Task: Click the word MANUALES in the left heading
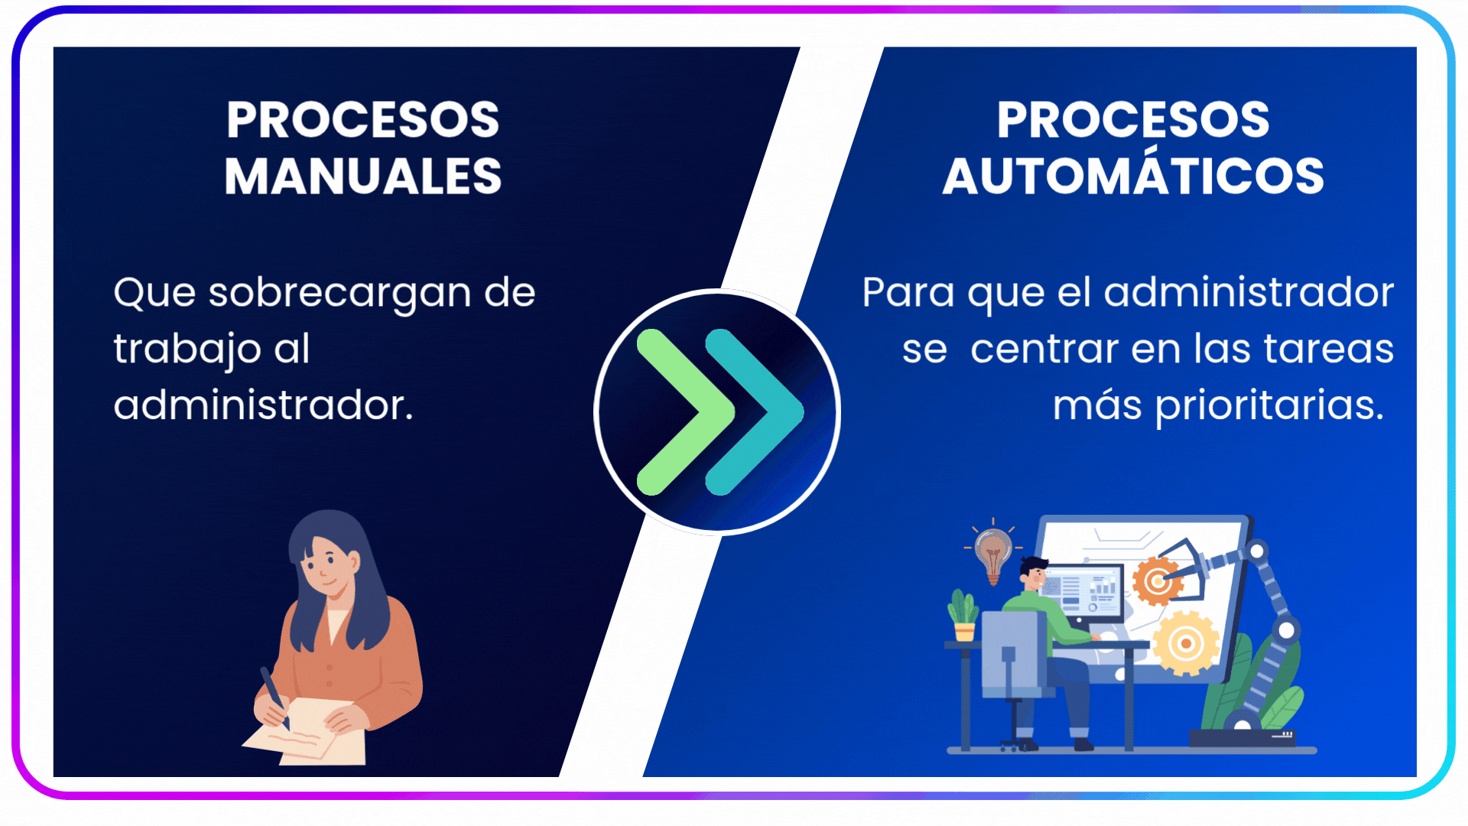coord(363,177)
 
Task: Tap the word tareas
coord(1329,350)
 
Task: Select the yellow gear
coord(1186,643)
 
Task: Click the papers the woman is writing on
coord(306,733)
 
